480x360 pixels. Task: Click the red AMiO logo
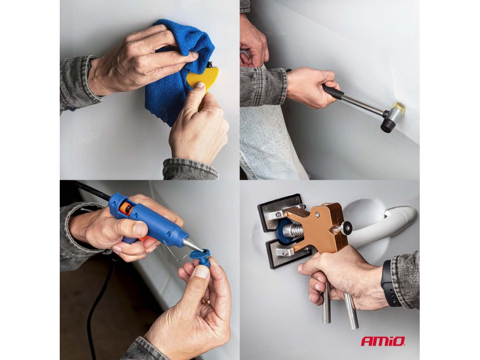coord(383,341)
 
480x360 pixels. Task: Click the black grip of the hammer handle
coord(332,91)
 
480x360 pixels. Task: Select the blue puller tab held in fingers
coord(201,257)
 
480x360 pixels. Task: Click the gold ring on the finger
coord(206,301)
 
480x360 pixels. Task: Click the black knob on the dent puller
coord(347,227)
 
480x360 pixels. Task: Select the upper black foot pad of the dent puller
coord(280,211)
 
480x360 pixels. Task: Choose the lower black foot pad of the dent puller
coord(283,253)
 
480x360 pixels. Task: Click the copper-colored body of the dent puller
coord(320,227)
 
